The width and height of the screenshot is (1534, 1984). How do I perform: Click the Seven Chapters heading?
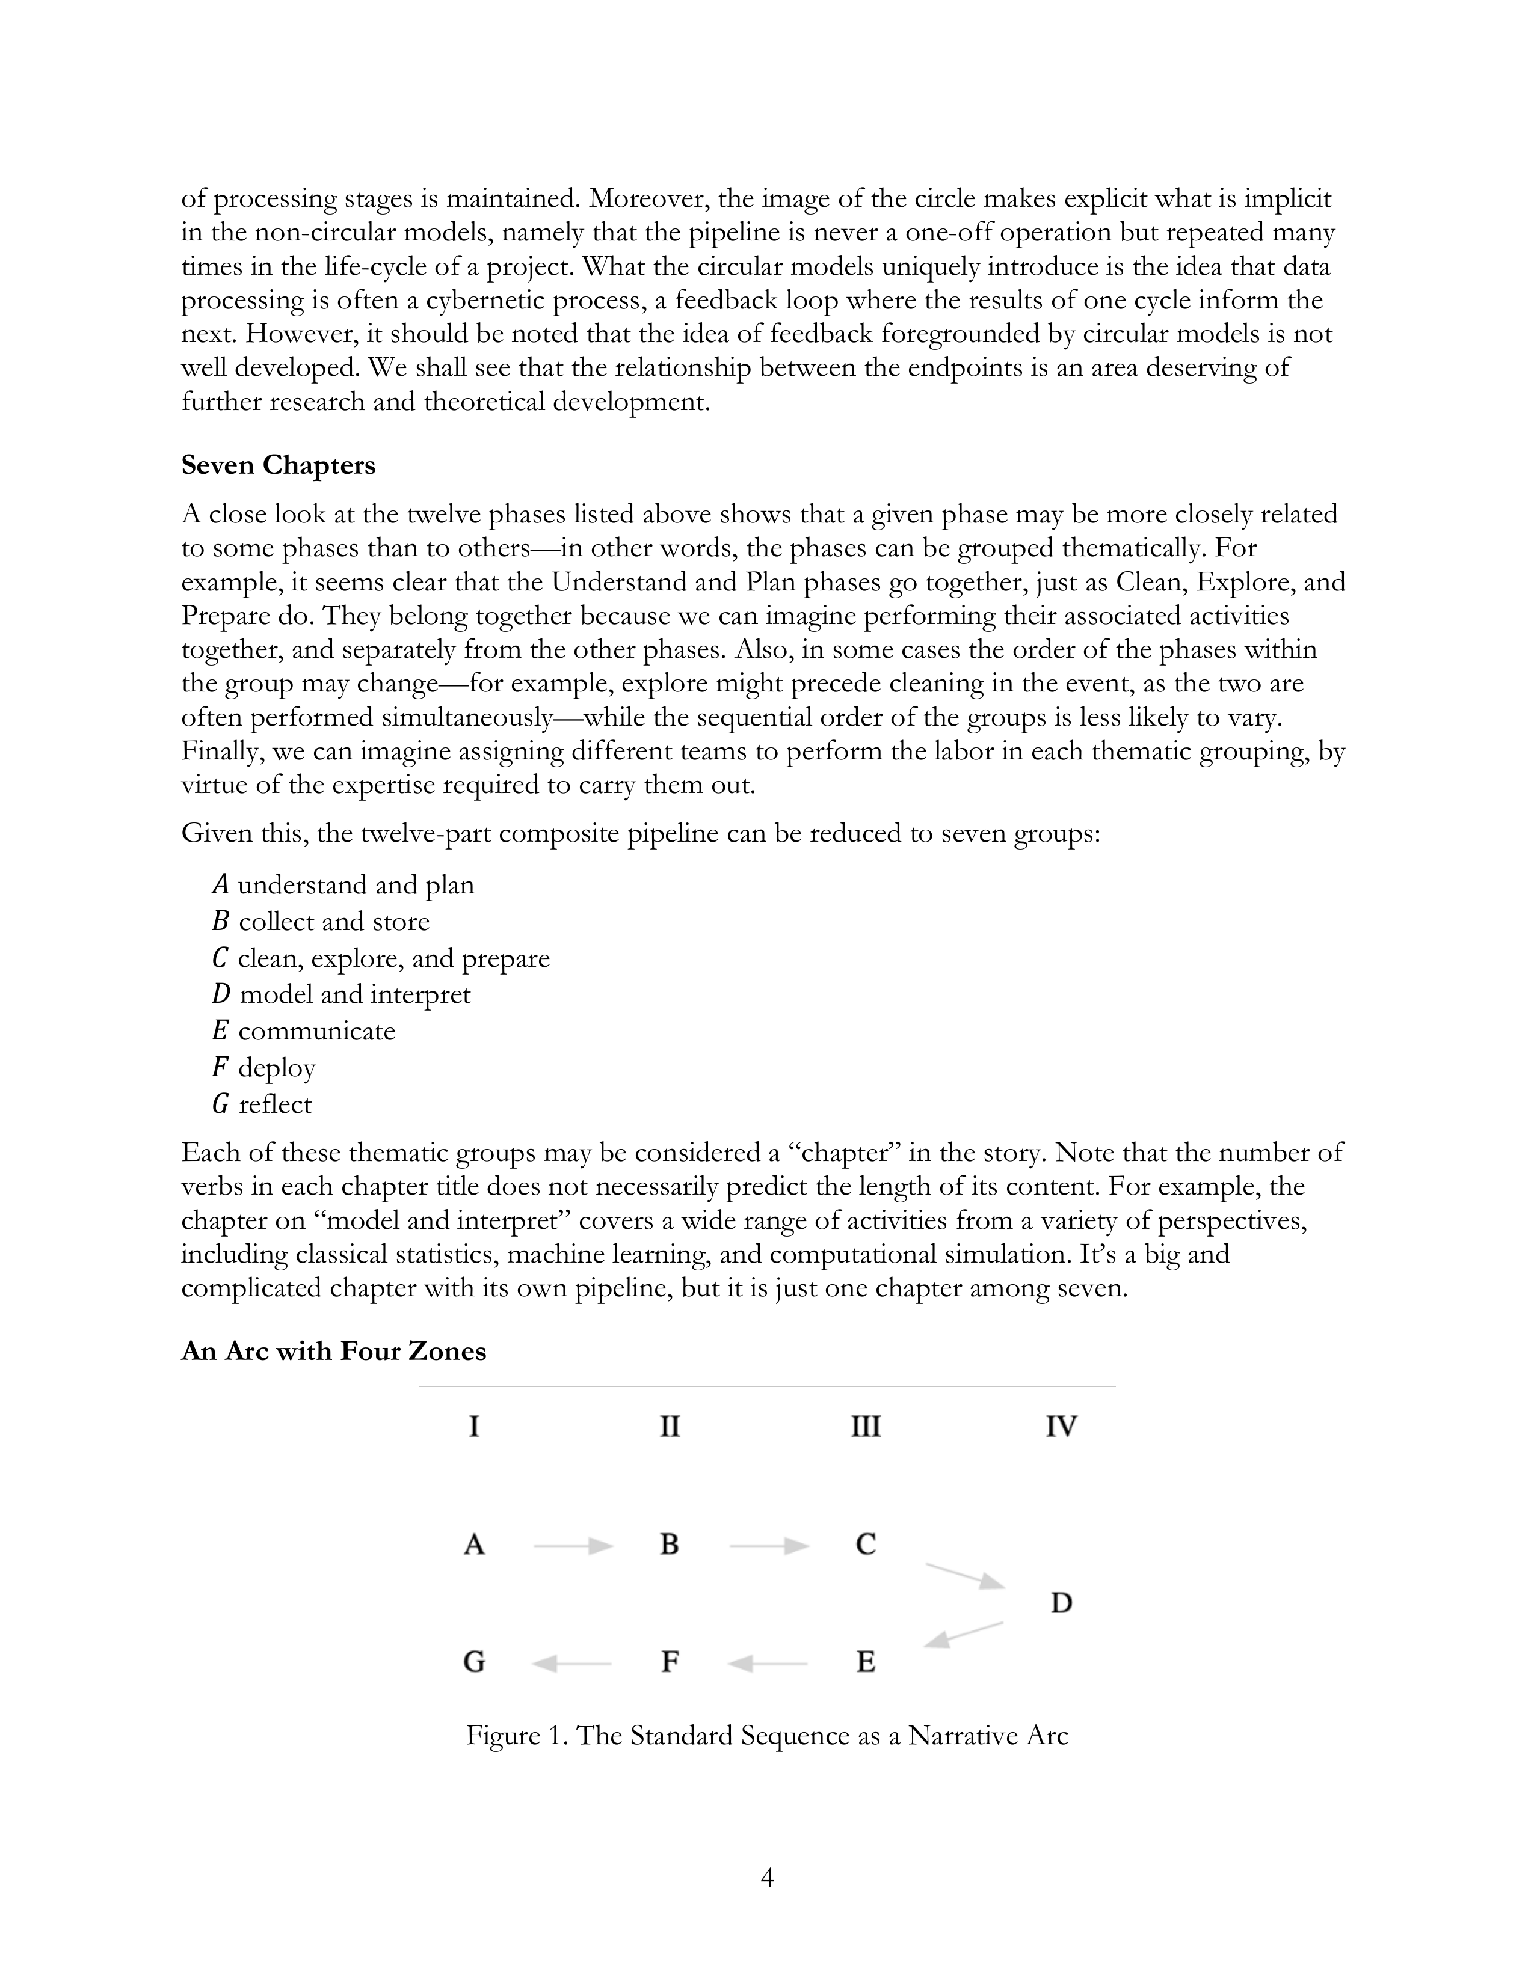pos(278,465)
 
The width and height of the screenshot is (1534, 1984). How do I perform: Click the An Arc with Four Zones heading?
pos(333,1351)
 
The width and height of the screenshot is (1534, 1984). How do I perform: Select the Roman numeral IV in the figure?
pos(1061,1426)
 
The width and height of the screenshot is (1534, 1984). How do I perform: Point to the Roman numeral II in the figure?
pos(669,1426)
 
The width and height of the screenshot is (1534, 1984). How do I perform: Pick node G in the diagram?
pos(473,1662)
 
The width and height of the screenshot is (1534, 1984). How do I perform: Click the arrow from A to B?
pos(573,1545)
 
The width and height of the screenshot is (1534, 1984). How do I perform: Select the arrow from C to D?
pos(964,1576)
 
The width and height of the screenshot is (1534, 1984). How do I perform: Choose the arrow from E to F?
pos(768,1664)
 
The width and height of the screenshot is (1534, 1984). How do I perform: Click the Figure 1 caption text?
pos(767,1736)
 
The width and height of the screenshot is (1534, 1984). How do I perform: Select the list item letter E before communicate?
pos(220,1031)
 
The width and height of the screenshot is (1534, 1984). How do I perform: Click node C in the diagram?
pos(865,1545)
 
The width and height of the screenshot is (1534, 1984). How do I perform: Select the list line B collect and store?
pos(321,922)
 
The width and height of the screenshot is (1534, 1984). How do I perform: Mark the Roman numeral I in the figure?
pos(473,1426)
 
